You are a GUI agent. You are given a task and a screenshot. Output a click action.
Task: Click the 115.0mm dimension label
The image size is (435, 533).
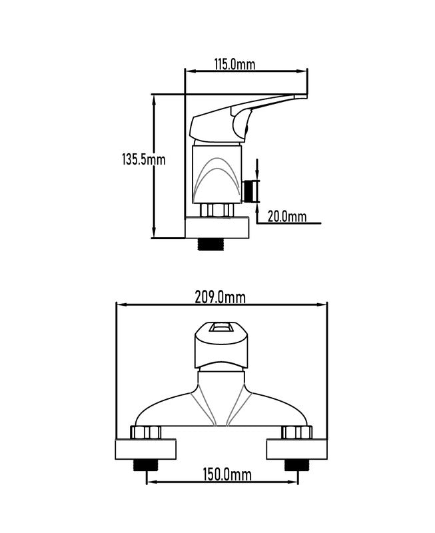[x=234, y=64]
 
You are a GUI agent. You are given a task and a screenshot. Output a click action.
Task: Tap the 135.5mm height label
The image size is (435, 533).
[x=144, y=159]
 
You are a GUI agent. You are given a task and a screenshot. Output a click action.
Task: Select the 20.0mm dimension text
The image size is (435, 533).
[x=287, y=216]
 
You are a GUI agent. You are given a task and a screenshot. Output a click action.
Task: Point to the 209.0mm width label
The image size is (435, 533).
[x=220, y=297]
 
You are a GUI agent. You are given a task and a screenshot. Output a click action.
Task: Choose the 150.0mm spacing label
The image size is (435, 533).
[x=227, y=474]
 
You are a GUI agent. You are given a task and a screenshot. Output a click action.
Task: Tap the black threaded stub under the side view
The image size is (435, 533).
[x=211, y=244]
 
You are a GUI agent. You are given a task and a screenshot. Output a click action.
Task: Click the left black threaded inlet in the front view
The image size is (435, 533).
[x=146, y=464]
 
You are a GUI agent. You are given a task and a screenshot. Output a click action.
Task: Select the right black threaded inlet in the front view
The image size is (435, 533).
[x=297, y=464]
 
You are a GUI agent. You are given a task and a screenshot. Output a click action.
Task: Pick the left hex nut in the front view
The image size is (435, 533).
[x=146, y=432]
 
